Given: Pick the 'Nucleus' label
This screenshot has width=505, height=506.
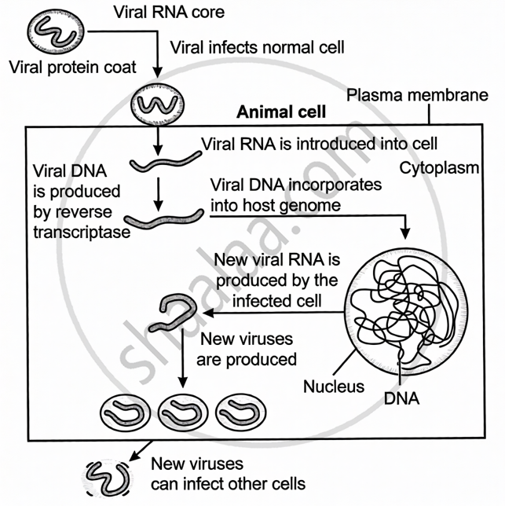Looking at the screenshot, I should [333, 386].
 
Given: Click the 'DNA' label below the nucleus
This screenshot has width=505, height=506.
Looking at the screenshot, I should [402, 399].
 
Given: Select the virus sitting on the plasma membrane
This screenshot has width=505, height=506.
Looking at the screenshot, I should [156, 104].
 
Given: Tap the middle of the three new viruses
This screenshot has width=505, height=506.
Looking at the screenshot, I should [182, 409].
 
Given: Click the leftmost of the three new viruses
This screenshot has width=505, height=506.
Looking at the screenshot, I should [125, 409].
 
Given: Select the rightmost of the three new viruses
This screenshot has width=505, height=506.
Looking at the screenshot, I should [239, 409].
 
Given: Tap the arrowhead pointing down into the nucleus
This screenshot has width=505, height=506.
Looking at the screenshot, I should [405, 234].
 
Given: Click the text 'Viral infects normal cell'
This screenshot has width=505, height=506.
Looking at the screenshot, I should [257, 48].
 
